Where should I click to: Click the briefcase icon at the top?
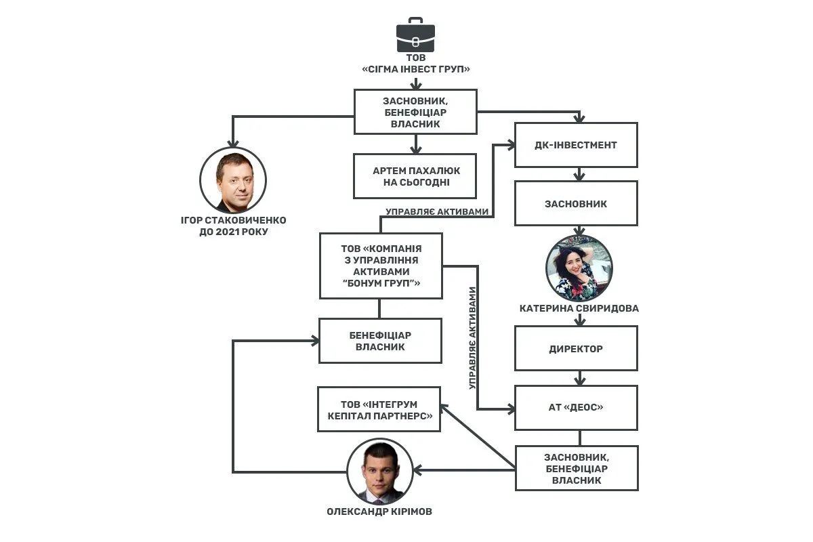(x=415, y=35)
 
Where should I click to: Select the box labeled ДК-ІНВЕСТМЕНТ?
(x=576, y=145)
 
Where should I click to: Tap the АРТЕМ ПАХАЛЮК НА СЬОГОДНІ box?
(x=415, y=176)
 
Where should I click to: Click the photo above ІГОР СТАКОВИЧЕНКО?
(x=233, y=180)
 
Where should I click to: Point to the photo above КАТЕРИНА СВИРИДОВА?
(x=579, y=268)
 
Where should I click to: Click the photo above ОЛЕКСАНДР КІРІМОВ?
(x=380, y=472)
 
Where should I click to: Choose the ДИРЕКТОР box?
(x=576, y=348)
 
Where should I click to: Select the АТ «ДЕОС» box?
(x=576, y=408)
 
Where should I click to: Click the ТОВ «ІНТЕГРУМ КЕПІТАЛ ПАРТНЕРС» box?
(x=379, y=409)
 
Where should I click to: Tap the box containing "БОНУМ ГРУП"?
(x=381, y=266)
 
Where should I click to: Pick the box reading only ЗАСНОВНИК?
(x=576, y=203)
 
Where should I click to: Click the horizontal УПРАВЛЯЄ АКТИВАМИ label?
(x=437, y=211)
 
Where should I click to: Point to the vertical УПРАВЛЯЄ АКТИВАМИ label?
(x=472, y=338)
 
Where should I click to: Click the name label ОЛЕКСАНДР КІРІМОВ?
(x=379, y=512)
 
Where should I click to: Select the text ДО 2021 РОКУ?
(x=234, y=232)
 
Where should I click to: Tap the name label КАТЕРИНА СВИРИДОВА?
(x=579, y=308)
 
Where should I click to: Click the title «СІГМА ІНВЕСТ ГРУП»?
(x=416, y=69)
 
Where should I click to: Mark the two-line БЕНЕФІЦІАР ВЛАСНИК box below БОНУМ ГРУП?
(x=380, y=341)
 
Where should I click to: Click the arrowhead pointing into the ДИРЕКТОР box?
(x=580, y=322)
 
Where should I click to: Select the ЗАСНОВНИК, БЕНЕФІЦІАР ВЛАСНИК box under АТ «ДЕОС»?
(x=577, y=468)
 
